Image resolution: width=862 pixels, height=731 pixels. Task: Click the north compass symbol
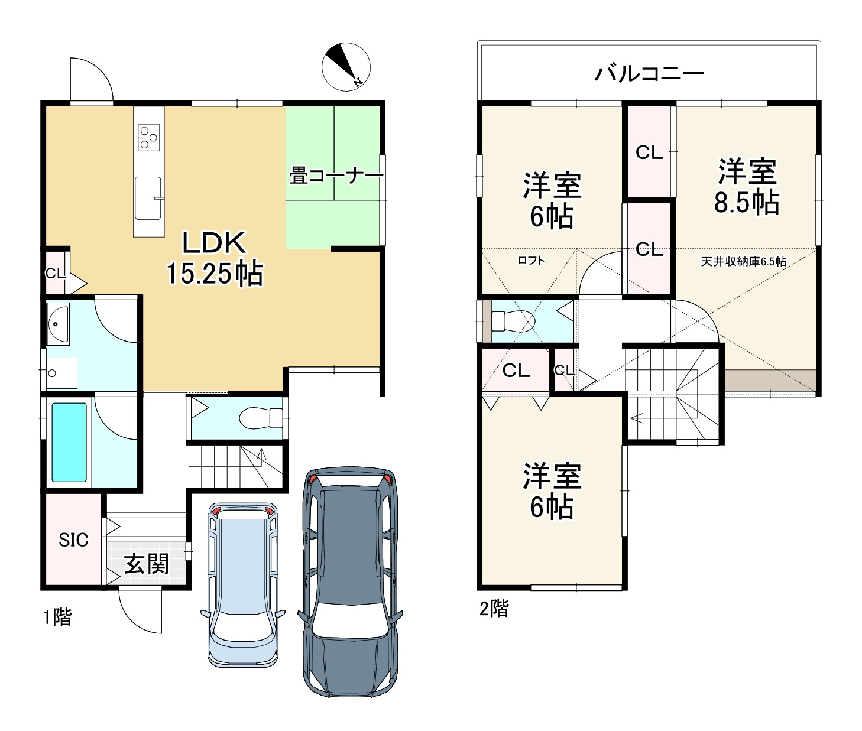(x=346, y=67)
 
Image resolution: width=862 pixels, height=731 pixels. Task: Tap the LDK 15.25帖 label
(x=215, y=258)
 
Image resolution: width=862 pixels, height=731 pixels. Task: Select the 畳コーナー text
(x=336, y=176)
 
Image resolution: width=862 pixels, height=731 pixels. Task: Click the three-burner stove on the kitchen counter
(x=149, y=137)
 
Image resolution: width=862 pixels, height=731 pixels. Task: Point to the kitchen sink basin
(x=148, y=198)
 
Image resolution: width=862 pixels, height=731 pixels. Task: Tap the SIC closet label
(x=73, y=540)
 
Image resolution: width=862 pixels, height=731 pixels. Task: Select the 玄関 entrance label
(x=147, y=564)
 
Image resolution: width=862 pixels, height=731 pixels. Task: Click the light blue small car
(x=243, y=584)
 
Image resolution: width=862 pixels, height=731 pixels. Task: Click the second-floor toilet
(x=513, y=321)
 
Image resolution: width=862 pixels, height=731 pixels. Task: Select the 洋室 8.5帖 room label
(x=747, y=186)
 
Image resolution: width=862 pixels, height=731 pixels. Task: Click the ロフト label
(x=531, y=261)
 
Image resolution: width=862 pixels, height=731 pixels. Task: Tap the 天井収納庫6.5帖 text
(x=744, y=261)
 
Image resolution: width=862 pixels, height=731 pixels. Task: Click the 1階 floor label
(x=57, y=617)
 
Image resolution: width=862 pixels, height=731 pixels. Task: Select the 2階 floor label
(x=494, y=609)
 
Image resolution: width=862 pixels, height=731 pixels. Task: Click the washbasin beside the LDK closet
(x=57, y=324)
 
